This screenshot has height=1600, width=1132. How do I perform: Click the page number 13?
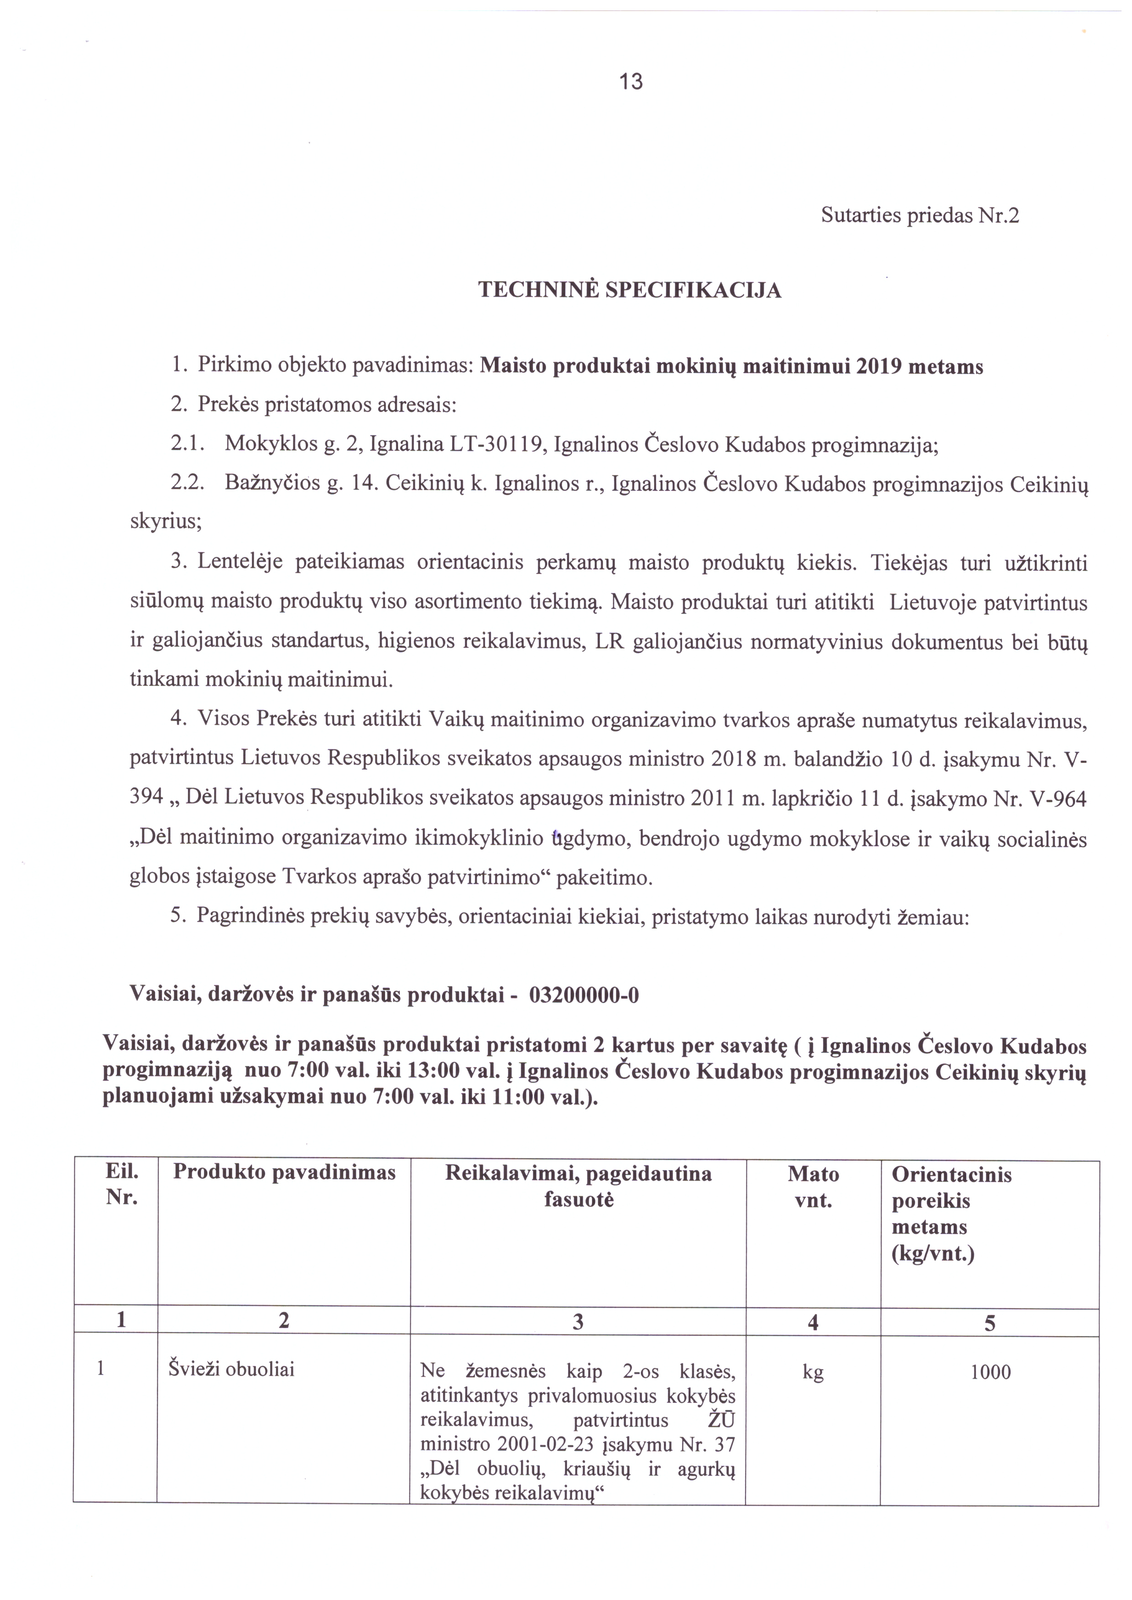coord(631,82)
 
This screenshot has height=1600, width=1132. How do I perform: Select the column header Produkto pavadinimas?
coord(284,1172)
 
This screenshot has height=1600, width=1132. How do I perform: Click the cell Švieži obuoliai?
coord(231,1369)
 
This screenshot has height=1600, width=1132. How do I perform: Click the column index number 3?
coord(577,1322)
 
